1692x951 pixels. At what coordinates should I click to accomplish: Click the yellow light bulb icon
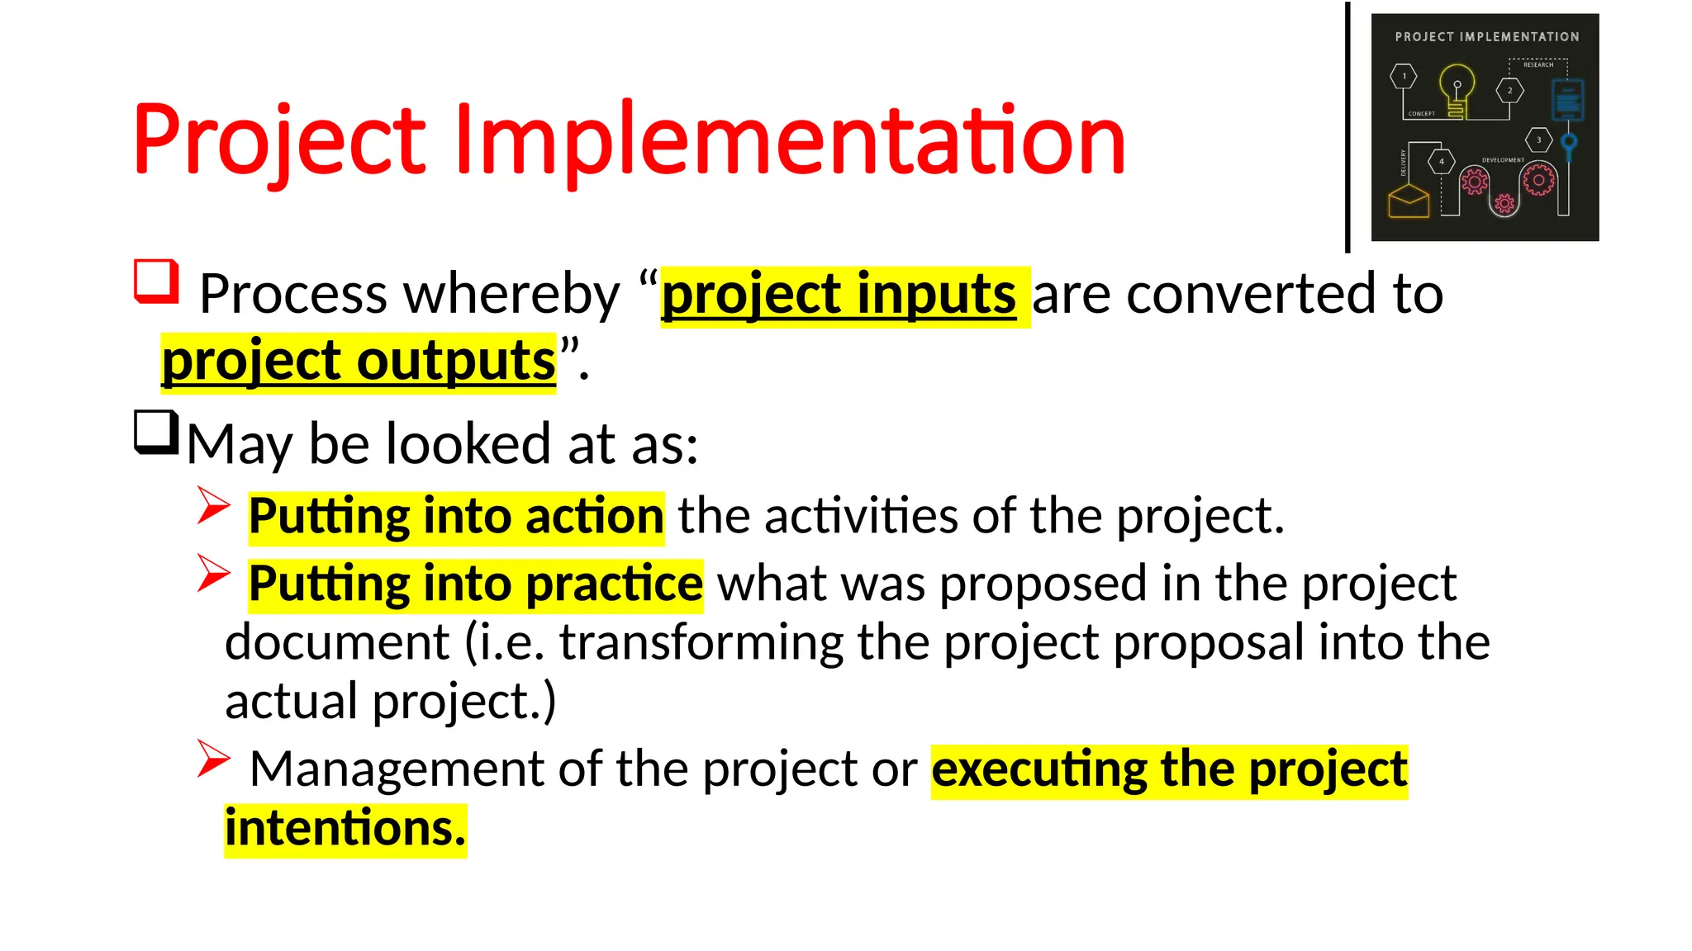pyautogui.click(x=1457, y=89)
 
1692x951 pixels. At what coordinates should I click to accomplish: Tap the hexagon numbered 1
pyautogui.click(x=1404, y=76)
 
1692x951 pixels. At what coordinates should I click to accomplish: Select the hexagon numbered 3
pyautogui.click(x=1538, y=140)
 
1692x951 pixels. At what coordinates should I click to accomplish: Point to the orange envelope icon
pyautogui.click(x=1409, y=201)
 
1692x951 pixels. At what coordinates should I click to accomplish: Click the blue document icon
pyautogui.click(x=1567, y=100)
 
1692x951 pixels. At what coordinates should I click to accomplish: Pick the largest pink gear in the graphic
pyautogui.click(x=1538, y=179)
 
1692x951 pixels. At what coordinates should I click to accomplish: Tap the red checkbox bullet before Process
pyautogui.click(x=156, y=282)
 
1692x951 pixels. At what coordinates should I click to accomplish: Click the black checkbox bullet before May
pyautogui.click(x=156, y=432)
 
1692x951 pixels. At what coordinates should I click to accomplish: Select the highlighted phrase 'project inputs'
pyautogui.click(x=839, y=295)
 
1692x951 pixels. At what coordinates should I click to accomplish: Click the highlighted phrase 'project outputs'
pyautogui.click(x=359, y=362)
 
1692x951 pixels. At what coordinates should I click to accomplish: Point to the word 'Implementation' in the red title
pyautogui.click(x=789, y=140)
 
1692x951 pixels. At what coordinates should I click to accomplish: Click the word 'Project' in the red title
pyautogui.click(x=279, y=140)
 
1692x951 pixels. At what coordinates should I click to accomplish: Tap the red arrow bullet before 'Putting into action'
pyautogui.click(x=213, y=505)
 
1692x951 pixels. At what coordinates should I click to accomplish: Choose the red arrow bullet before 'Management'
pyautogui.click(x=213, y=759)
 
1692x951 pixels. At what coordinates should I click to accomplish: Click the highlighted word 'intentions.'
pyautogui.click(x=345, y=829)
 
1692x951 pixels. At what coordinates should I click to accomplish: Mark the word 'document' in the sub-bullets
pyautogui.click(x=337, y=643)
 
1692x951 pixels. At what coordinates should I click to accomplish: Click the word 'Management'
pyautogui.click(x=397, y=769)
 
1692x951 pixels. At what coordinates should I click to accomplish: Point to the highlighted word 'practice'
pyautogui.click(x=614, y=584)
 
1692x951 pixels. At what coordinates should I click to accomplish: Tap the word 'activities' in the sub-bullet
pyautogui.click(x=860, y=517)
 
